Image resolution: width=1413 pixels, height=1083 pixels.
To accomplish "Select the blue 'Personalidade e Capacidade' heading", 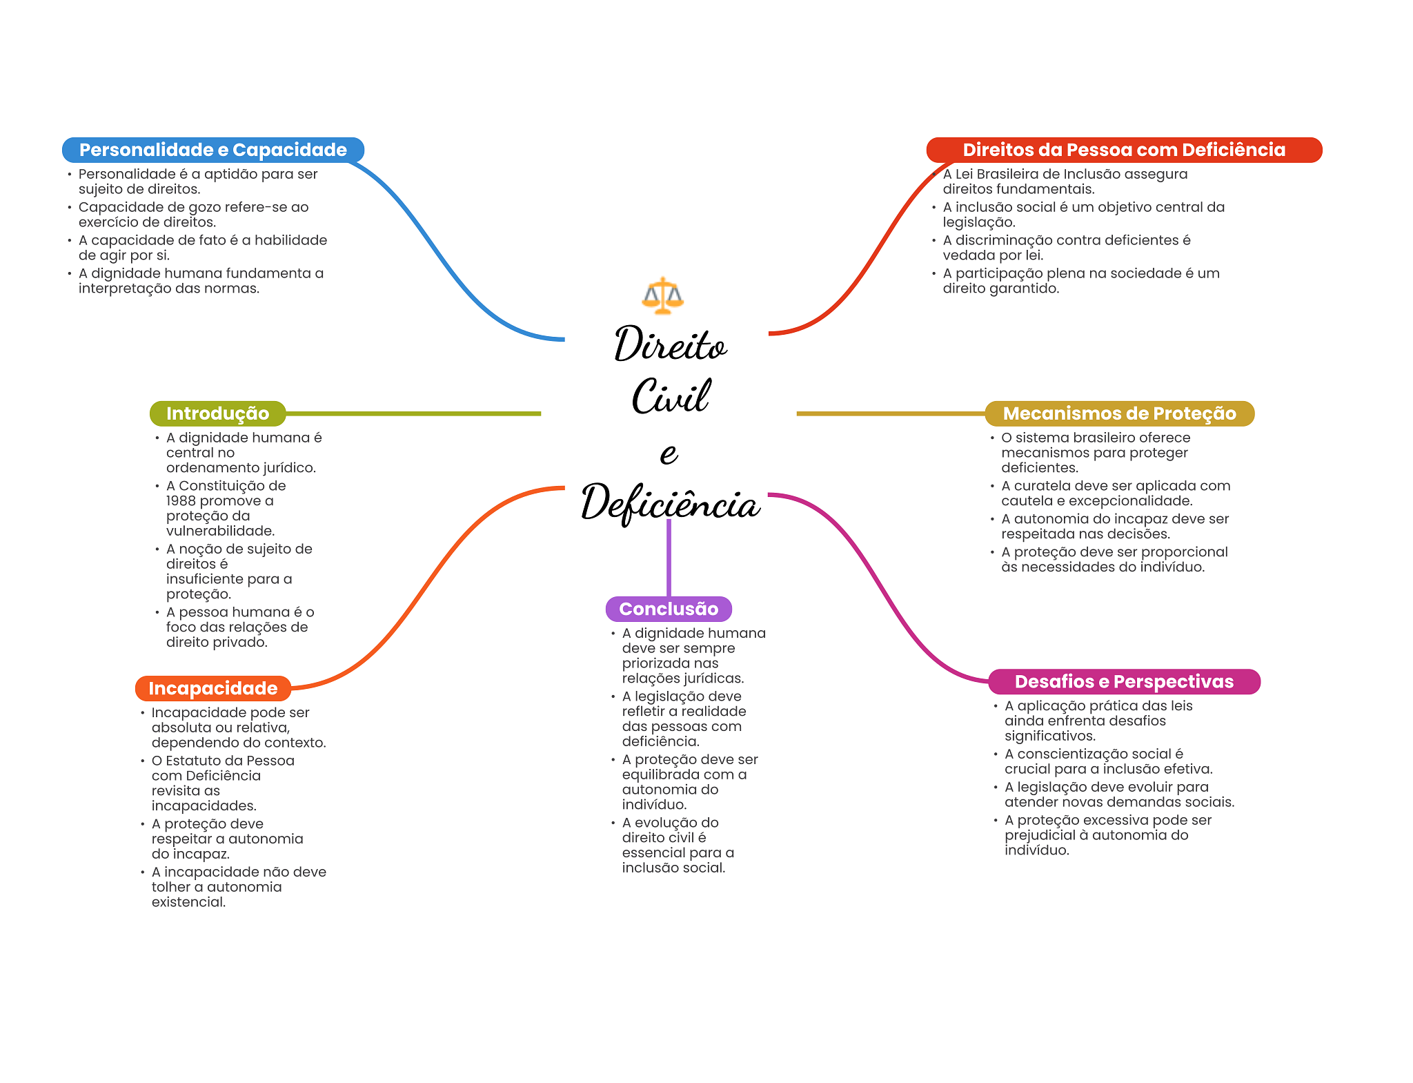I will coord(213,150).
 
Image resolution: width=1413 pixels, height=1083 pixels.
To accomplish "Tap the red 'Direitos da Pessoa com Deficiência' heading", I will coord(1123,150).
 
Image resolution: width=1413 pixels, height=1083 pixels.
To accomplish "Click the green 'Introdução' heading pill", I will coord(217,413).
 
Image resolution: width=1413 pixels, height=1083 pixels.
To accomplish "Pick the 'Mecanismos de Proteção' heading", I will coord(1118,413).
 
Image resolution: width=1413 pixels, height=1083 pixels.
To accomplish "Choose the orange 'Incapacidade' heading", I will coord(213,688).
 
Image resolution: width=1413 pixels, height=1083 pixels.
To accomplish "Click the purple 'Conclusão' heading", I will coord(668,609).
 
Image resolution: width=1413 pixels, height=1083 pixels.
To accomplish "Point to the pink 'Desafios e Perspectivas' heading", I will coord(1123,681).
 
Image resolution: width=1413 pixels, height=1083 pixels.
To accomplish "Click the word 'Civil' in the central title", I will coord(670,397).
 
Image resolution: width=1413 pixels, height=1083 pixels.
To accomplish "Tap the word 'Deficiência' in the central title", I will coord(670,502).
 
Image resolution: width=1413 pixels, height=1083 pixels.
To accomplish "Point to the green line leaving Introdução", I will coord(414,413).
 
